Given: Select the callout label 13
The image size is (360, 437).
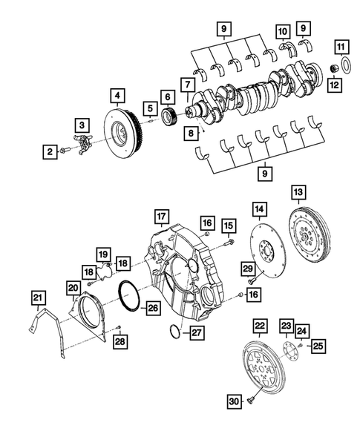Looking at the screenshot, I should click(298, 193).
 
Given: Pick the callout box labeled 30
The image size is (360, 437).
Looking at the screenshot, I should click(233, 402).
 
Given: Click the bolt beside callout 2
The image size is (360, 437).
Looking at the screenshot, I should click(65, 151).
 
